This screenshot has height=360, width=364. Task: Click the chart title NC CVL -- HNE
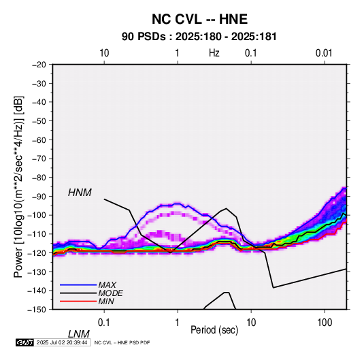pos(199,19)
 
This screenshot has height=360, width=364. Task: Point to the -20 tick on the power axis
pos(39,65)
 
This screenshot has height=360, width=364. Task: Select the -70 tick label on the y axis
pos(39,159)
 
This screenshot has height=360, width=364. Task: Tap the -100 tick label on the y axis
pos(37,215)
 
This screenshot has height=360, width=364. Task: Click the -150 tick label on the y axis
pos(37,310)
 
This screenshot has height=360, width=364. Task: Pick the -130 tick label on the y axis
pos(37,272)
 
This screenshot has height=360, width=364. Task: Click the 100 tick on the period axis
pos(325,323)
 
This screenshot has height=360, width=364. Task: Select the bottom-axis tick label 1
pos(178,323)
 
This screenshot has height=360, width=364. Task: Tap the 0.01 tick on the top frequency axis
pos(324,53)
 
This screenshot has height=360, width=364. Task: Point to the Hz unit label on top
pos(214,53)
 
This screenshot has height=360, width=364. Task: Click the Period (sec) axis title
pos(214,330)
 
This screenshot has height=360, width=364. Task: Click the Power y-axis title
pos(18,186)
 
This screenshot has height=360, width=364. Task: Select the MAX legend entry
pos(107,285)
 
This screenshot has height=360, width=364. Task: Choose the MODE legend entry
pos(110,293)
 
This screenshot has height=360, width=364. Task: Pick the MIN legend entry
pos(106,301)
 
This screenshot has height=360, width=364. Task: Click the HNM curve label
pos(80,193)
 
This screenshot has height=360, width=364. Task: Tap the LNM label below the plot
pos(79,334)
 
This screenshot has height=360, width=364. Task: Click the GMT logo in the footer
pos(25,342)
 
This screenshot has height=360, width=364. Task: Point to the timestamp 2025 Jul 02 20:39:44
pos(62,342)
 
